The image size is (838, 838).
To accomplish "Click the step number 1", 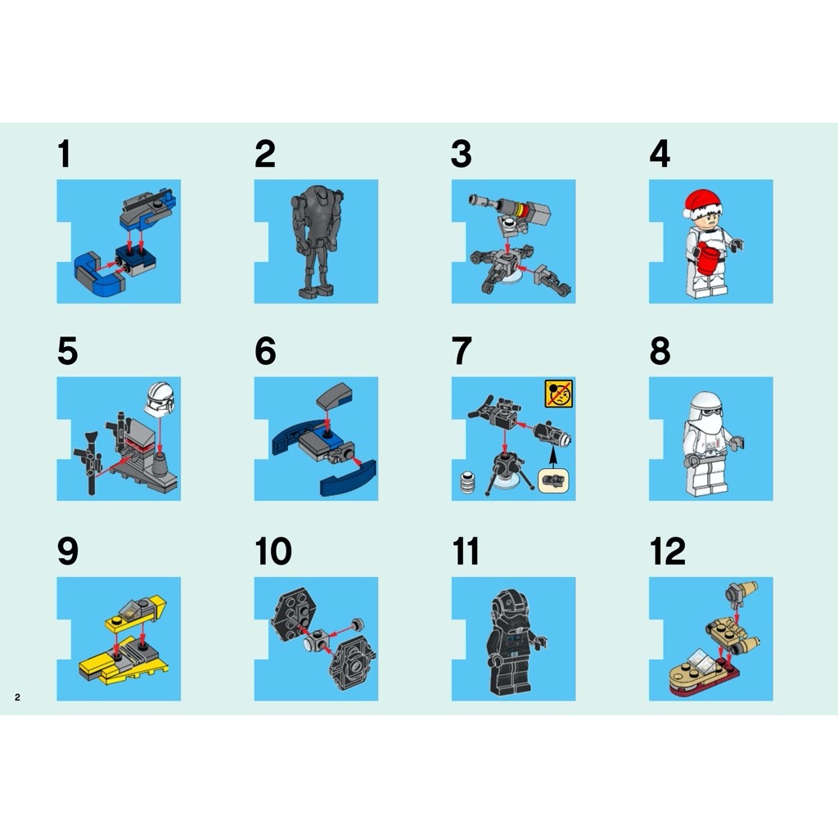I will coord(65,155).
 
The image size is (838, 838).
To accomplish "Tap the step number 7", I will coord(462,352).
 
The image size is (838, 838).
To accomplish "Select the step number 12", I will coord(667,552).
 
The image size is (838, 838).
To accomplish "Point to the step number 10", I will coord(273,552).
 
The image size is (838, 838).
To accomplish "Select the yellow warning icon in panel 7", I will coord(558,394).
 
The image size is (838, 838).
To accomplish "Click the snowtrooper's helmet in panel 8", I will coord(705,409).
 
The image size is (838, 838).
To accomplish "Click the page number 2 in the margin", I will coord(16,697).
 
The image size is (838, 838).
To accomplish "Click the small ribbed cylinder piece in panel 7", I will coord(468,484).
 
